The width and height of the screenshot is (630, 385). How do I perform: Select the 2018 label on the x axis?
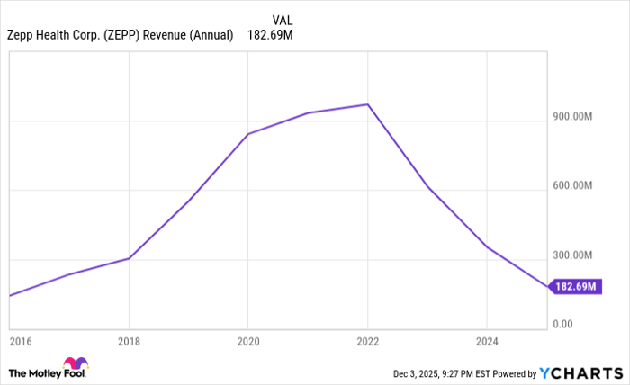(130, 342)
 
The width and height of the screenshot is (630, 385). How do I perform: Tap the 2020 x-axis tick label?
(248, 342)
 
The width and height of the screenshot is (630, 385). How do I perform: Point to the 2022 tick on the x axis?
(367, 342)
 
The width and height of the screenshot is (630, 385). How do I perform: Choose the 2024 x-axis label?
(486, 342)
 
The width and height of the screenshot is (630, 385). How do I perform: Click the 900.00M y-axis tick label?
(572, 117)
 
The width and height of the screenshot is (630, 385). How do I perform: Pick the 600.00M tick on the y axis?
(572, 186)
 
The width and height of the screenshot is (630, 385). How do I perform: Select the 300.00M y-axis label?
(572, 255)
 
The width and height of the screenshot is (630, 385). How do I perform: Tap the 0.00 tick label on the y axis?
(562, 324)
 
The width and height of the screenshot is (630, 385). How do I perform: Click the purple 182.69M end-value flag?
(575, 287)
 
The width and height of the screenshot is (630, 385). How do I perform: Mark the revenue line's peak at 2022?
(367, 104)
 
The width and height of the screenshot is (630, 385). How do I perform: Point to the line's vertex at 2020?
(248, 134)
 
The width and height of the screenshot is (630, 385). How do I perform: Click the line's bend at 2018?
(130, 258)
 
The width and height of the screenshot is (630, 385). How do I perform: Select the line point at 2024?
(486, 246)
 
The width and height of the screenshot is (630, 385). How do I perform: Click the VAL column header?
(282, 19)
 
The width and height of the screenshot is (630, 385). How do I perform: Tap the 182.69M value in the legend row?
(270, 36)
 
